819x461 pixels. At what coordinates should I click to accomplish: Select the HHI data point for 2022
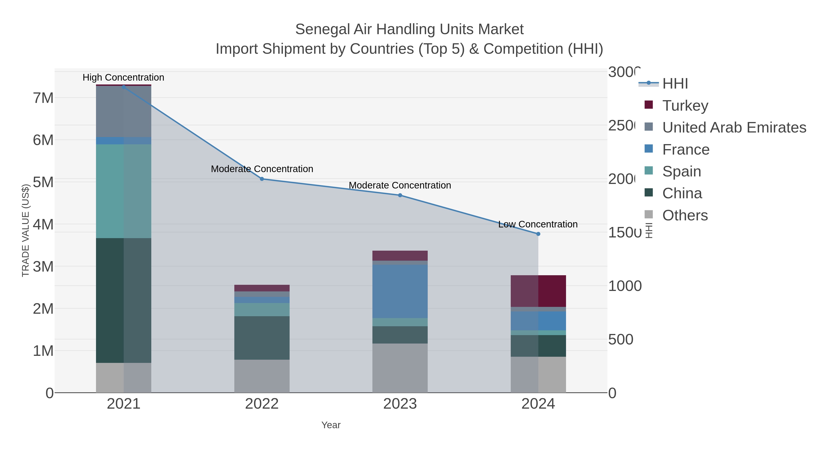[x=262, y=179]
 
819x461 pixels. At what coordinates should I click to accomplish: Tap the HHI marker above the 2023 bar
[x=400, y=195]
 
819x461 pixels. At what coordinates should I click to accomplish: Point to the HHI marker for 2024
[x=538, y=234]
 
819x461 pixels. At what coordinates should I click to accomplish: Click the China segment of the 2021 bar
[x=124, y=300]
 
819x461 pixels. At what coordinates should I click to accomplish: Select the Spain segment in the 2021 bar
[x=124, y=191]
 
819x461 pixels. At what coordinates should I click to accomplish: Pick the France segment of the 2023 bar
[x=400, y=291]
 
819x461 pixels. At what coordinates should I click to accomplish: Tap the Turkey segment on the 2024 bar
[x=538, y=291]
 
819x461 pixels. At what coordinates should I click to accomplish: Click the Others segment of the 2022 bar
[x=262, y=376]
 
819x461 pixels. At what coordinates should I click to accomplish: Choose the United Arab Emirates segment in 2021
[x=124, y=111]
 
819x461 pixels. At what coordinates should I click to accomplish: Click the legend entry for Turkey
[x=685, y=105]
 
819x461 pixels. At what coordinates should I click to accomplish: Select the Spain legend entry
[x=681, y=171]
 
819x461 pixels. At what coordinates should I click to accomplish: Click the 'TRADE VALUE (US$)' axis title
[x=25, y=231]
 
